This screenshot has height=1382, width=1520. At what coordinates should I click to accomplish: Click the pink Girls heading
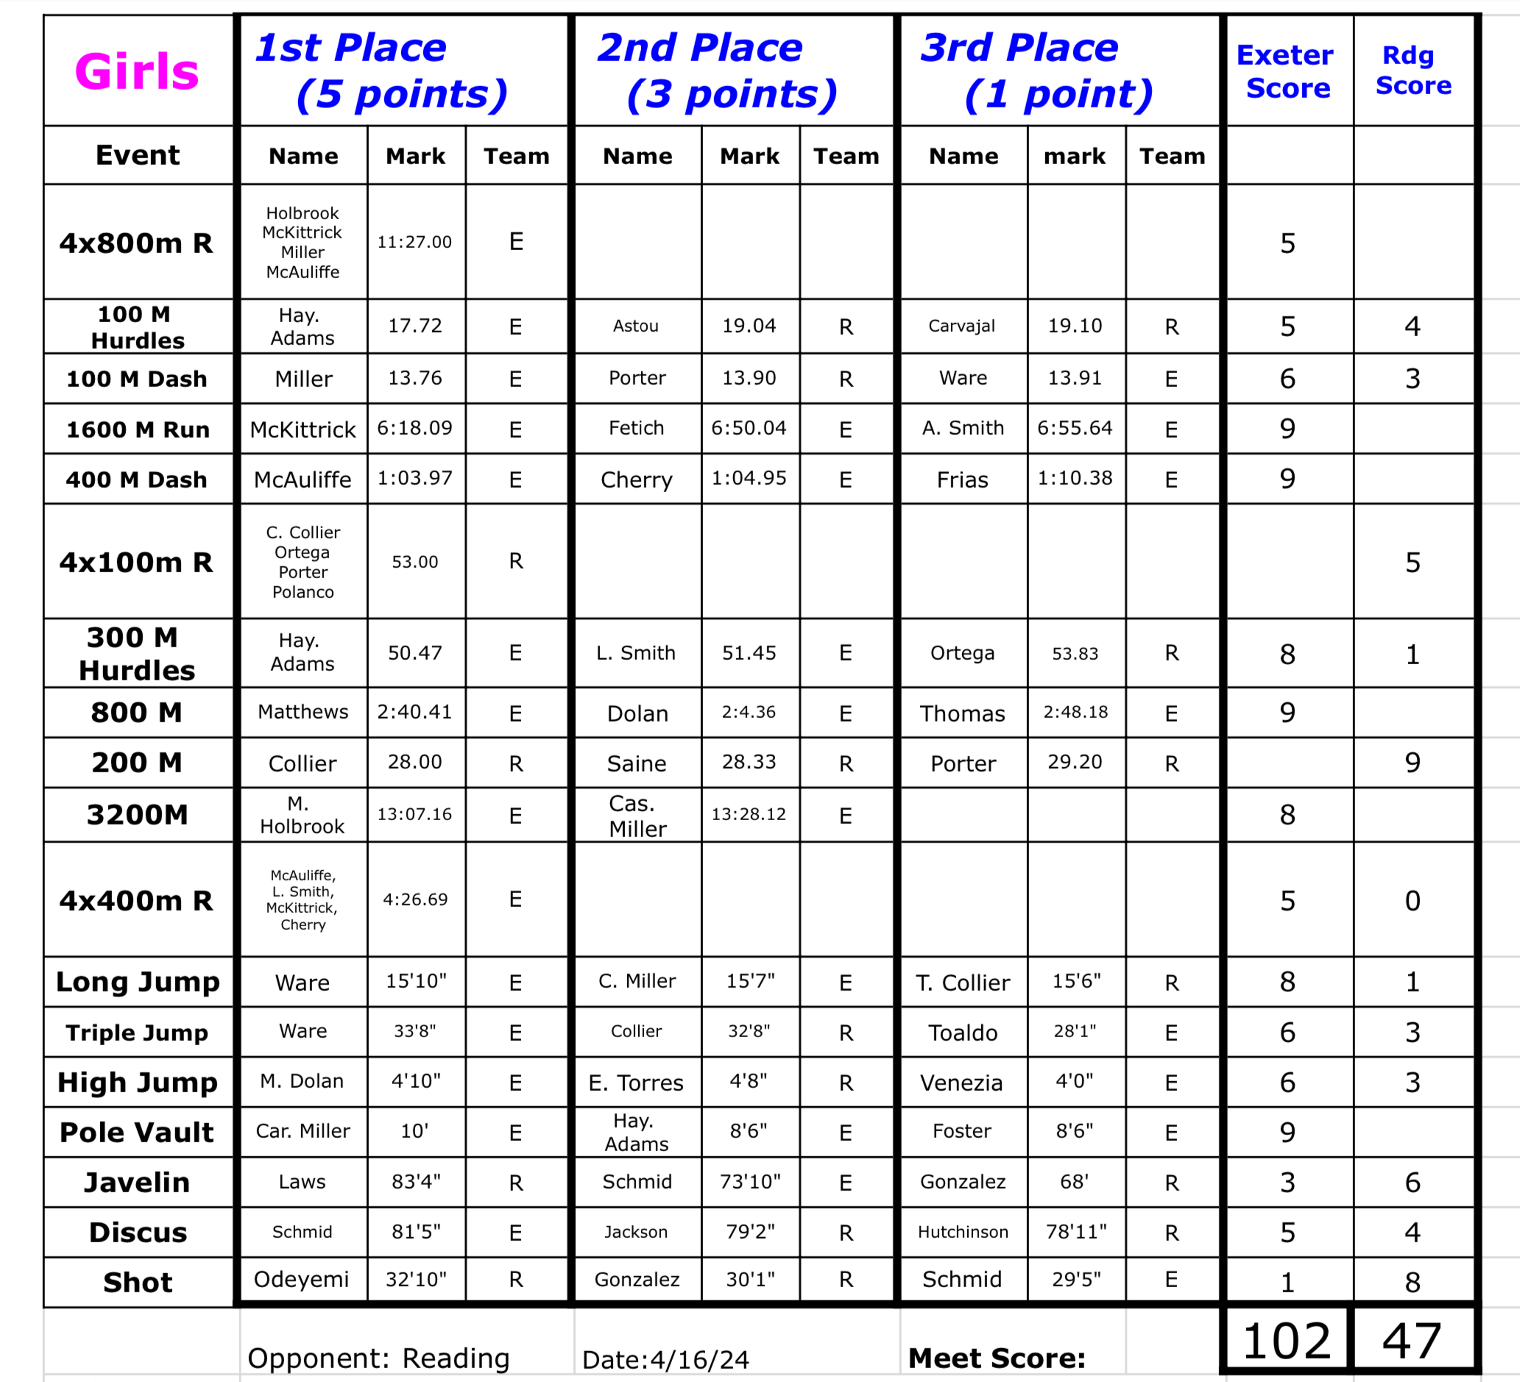136,71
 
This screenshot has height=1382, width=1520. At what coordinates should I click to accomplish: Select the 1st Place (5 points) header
381,71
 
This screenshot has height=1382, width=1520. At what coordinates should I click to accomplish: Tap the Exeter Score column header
1285,71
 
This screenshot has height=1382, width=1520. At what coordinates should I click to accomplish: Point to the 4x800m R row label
136,243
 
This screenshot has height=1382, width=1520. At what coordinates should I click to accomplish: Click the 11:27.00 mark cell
414,242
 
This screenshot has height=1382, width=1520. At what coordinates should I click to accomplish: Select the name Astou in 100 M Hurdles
635,326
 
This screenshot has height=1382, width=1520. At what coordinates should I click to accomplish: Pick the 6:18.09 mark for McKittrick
414,428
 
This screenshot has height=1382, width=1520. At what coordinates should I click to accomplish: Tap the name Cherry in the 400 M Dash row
637,480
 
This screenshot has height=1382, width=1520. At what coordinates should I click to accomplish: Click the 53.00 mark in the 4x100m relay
414,561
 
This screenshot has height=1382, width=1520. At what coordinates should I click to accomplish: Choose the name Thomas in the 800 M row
962,713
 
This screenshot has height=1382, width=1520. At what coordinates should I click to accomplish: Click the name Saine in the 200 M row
637,763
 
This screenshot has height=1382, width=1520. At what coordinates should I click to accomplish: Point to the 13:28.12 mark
749,813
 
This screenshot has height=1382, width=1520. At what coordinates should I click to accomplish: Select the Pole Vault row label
136,1132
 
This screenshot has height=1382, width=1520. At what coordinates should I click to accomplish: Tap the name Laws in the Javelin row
302,1181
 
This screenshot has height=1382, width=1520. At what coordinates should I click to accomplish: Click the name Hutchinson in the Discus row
962,1232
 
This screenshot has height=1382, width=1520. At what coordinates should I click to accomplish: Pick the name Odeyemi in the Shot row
302,1279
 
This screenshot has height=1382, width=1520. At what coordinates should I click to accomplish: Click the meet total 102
1286,1342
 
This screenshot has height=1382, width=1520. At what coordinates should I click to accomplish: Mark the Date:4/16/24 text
665,1359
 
